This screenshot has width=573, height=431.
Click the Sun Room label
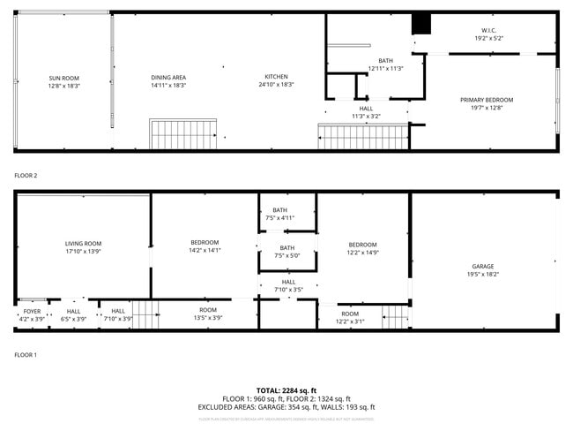coord(64,82)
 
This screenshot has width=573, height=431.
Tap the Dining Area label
coord(167,81)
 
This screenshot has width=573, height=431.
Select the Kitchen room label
coord(276,80)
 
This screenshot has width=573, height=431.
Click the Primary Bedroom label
coord(487,103)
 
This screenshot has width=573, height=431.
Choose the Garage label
coord(482,270)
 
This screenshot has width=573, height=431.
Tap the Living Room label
coord(84,247)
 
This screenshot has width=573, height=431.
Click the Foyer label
coord(32,314)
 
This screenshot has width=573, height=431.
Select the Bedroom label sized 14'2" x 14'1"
coord(205,246)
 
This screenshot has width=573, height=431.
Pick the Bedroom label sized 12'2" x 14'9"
coord(362,248)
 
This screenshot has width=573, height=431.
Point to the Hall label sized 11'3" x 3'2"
coord(366,112)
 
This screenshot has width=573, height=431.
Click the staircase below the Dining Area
coord(183,135)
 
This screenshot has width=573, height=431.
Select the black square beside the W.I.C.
coord(421,25)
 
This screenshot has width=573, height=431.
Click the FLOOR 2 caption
coord(26,176)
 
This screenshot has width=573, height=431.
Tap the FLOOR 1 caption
coord(26,354)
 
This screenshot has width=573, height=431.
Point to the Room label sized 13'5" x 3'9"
coord(208,314)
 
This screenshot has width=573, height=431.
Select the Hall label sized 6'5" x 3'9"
coord(74,314)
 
